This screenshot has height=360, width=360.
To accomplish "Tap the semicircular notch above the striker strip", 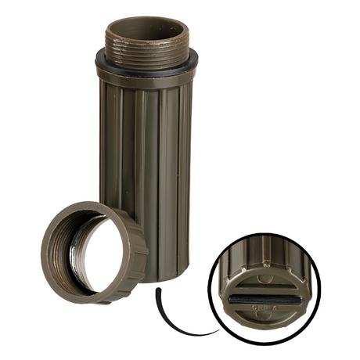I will point(267,278).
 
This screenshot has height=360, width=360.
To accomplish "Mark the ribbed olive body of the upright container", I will point(145,157).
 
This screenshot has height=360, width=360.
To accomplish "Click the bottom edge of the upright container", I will point(157,276).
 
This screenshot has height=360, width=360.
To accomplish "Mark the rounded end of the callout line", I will point(158,291).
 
